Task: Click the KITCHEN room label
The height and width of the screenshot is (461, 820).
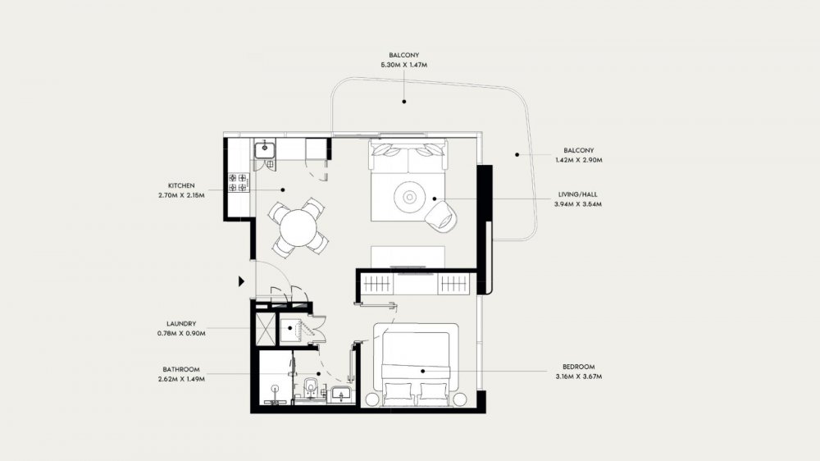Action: (181, 185)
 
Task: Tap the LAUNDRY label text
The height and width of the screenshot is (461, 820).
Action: (181, 324)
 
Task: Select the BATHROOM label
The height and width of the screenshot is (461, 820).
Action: (181, 369)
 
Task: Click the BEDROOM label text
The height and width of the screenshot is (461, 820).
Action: (578, 367)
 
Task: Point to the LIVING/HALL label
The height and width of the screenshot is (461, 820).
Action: (578, 194)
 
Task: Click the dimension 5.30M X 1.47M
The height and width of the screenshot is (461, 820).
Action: (404, 65)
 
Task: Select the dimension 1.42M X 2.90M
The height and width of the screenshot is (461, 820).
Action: (579, 160)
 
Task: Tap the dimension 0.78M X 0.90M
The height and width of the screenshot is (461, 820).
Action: (181, 333)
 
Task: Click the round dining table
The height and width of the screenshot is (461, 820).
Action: (298, 227)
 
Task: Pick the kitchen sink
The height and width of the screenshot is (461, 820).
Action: (265, 148)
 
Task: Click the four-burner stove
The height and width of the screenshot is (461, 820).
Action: (238, 183)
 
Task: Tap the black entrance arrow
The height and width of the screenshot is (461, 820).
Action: (241, 281)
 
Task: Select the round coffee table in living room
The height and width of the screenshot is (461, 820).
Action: (410, 197)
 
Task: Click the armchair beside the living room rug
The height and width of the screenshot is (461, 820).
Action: (441, 215)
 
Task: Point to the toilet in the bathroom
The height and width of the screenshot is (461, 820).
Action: (311, 390)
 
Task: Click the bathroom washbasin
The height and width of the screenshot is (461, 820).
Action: (342, 394)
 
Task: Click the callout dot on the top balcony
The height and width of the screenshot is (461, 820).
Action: (404, 102)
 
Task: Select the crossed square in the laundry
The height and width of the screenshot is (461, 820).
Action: (266, 329)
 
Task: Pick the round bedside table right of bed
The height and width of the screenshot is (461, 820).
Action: (460, 399)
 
